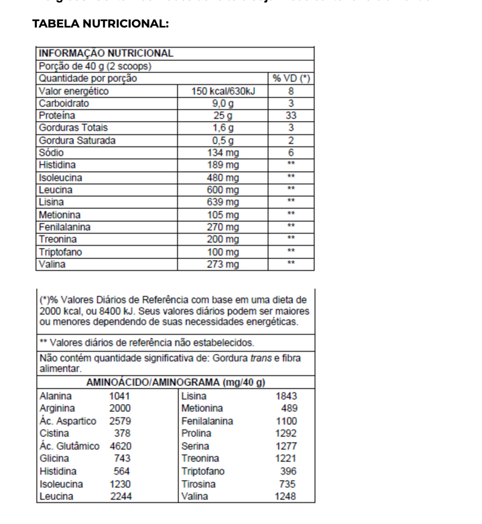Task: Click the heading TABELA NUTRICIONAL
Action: pyautogui.click(x=100, y=24)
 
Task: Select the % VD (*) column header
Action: pyautogui.click(x=290, y=79)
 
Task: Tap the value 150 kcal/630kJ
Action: pyautogui.click(x=223, y=92)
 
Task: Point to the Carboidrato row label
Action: pyautogui.click(x=64, y=104)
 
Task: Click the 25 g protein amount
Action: pyautogui.click(x=223, y=116)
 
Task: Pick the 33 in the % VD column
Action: pyautogui.click(x=291, y=116)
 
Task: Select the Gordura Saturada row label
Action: pyautogui.click(x=77, y=140)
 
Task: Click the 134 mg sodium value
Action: pyautogui.click(x=223, y=153)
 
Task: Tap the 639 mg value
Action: pyautogui.click(x=223, y=202)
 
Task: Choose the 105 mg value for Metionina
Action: pyautogui.click(x=223, y=215)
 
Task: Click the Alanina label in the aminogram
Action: pyautogui.click(x=55, y=396)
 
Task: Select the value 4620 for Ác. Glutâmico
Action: pyautogui.click(x=120, y=446)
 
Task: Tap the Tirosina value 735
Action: pyautogui.click(x=287, y=484)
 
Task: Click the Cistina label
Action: pyautogui.click(x=54, y=434)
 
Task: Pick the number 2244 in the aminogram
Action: pyautogui.click(x=120, y=497)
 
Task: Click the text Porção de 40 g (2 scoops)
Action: pyautogui.click(x=95, y=66)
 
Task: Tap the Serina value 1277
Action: pyautogui.click(x=286, y=446)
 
